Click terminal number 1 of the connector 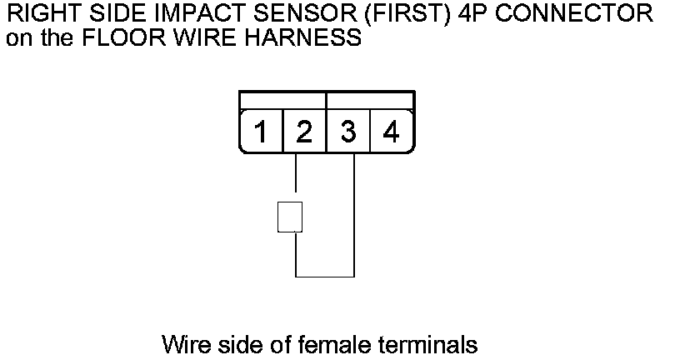point(261,132)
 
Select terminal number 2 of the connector point(304,132)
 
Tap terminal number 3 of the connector point(348,132)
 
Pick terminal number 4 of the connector point(391,132)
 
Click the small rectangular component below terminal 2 point(289,217)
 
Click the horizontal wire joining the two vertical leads point(325,277)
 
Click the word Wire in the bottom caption point(185,343)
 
